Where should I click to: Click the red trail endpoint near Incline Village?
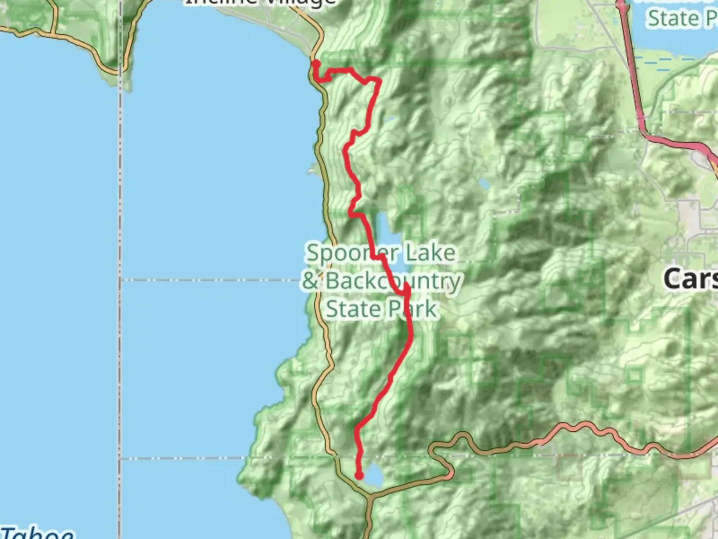tap(316, 63)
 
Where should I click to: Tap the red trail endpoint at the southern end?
tap(359, 476)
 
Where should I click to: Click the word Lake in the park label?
tap(430, 253)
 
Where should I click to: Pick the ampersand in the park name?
tap(310, 280)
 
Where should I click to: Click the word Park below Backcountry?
tap(413, 309)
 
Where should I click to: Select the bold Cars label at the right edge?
tap(691, 278)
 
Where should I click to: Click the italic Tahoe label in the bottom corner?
tap(37, 533)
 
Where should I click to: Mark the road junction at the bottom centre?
tap(369, 497)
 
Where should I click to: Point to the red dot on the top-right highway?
tap(621, 5)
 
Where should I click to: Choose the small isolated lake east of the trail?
tap(484, 184)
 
